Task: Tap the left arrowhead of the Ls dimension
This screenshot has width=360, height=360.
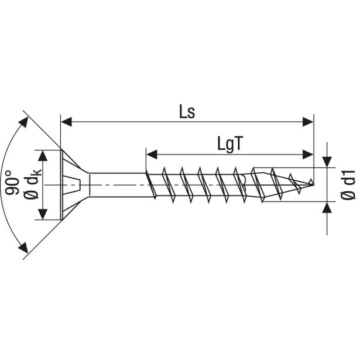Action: point(66,122)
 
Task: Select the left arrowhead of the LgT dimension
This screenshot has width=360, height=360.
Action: point(151,155)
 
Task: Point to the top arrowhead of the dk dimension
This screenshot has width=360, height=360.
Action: point(43,155)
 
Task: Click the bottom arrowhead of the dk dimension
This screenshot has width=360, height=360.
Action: point(43,215)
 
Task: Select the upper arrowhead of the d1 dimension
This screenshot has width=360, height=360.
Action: point(326,161)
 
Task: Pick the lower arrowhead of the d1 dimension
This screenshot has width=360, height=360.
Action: point(326,208)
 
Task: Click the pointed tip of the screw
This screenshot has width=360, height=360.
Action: point(311,184)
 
